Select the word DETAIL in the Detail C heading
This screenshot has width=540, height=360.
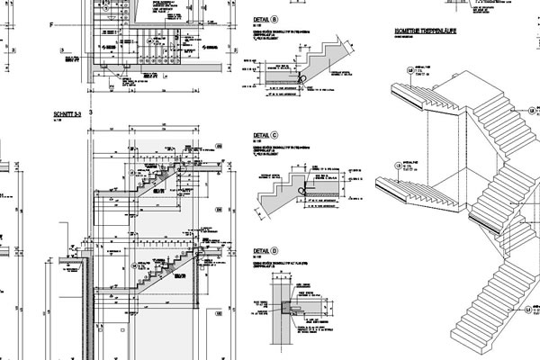click(x=261, y=138)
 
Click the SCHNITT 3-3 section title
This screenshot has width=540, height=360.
click(x=68, y=116)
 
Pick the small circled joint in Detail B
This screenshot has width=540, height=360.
click(x=302, y=79)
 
